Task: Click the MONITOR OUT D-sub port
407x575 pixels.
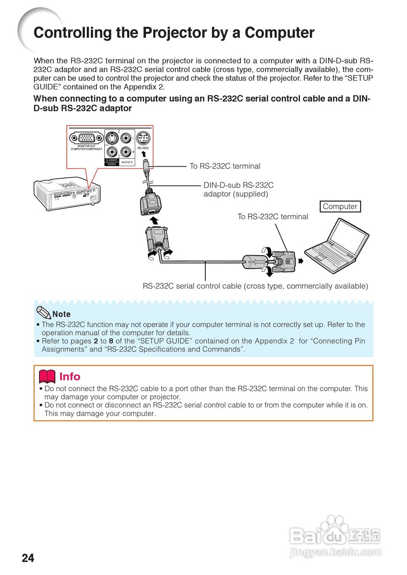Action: click(x=86, y=138)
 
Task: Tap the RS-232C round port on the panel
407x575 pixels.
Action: click(x=143, y=138)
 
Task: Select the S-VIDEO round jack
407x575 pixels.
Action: click(x=112, y=138)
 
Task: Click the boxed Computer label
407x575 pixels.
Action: click(x=340, y=207)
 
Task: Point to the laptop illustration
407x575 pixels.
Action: click(x=336, y=243)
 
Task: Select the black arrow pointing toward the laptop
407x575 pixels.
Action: click(x=301, y=261)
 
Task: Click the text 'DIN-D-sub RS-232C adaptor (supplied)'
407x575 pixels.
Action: click(x=238, y=190)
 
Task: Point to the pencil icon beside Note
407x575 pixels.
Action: click(x=43, y=312)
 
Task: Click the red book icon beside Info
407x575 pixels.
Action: click(x=47, y=376)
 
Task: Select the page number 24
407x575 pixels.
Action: click(x=28, y=558)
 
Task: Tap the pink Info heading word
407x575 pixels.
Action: click(x=70, y=376)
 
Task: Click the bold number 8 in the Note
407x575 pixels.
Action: click(x=111, y=341)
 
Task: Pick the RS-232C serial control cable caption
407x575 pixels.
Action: click(x=255, y=286)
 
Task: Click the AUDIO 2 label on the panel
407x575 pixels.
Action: click(x=127, y=162)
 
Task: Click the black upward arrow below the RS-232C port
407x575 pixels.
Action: click(x=144, y=154)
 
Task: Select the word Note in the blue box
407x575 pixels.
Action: click(x=62, y=314)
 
